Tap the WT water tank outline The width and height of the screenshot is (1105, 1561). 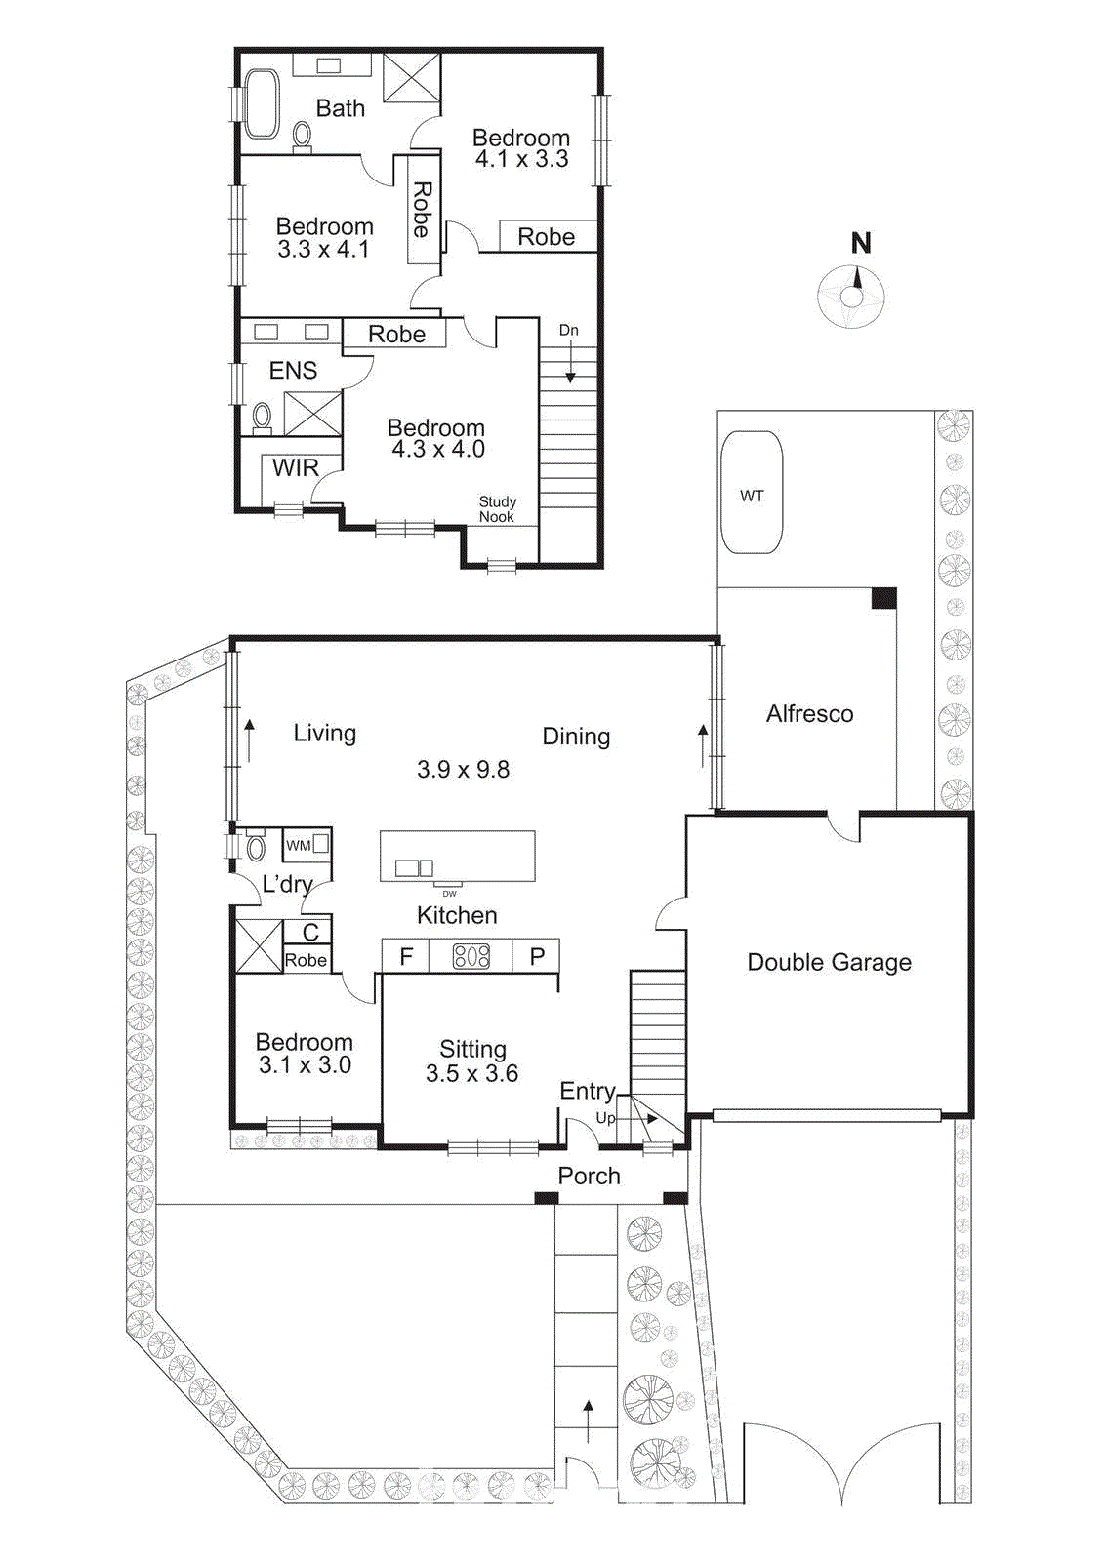point(752,494)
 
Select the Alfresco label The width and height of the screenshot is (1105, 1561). point(809,714)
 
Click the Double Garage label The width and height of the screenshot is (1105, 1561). point(829,962)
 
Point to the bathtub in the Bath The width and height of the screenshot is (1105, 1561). point(261,103)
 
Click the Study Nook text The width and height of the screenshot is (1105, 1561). point(497,509)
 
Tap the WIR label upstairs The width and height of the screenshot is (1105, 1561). point(295,468)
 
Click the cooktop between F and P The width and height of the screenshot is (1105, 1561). point(471,956)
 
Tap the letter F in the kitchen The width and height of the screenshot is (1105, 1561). point(406,957)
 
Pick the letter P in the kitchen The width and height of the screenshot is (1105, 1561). point(537,957)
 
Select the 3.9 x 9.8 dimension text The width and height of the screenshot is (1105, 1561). point(463,770)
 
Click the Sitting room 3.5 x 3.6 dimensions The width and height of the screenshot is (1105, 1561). point(471,1074)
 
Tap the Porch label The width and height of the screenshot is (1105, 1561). point(589,1176)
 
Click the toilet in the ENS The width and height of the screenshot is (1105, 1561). point(262,418)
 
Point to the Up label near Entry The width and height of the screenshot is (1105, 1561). point(605,1118)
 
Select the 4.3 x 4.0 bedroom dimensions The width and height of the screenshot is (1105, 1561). point(438,450)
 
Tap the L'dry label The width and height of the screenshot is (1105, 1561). point(287,884)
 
